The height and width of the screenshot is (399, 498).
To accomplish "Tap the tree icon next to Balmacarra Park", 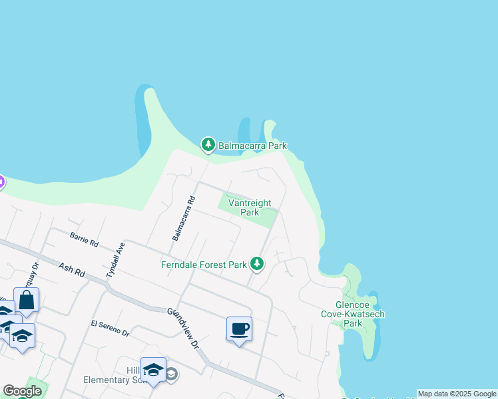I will click(208, 144).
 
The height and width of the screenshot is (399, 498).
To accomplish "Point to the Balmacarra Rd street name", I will click(183, 218).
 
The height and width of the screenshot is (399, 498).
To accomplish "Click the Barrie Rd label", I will click(84, 239).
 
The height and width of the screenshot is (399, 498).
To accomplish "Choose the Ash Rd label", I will click(73, 269).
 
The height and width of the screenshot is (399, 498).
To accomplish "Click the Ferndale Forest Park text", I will click(204, 265).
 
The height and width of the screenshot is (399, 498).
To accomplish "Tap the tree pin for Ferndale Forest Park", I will click(257, 265).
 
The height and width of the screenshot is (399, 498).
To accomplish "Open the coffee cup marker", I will click(239, 329).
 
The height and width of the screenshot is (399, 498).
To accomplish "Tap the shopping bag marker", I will click(26, 301).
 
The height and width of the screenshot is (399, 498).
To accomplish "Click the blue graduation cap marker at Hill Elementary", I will click(153, 370).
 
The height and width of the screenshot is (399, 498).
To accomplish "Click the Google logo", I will click(22, 391).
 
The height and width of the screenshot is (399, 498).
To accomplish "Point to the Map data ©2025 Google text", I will click(457, 394).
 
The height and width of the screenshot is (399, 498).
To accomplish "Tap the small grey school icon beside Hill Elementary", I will click(171, 374).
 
